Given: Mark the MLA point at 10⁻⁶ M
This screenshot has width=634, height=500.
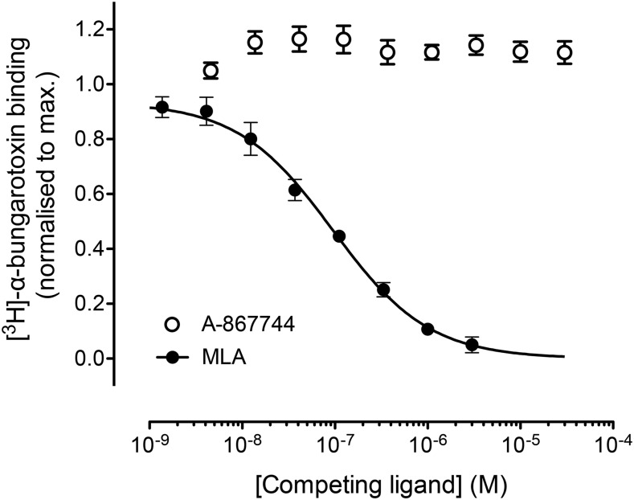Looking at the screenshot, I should (427, 329).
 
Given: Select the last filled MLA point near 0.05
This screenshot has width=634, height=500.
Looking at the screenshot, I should (472, 345).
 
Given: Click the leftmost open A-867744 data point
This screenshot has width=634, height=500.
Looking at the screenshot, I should (211, 71).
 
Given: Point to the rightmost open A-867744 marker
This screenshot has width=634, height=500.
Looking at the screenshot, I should (565, 52).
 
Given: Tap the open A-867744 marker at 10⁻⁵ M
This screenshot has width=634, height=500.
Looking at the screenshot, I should (521, 52).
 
